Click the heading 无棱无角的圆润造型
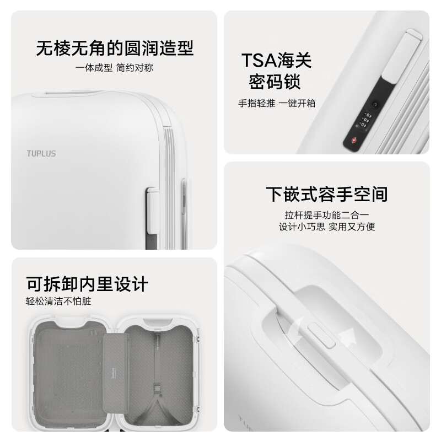pos(115,48)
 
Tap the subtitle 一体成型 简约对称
pos(114,68)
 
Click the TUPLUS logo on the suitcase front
pos(41,154)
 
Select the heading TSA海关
pos(277,60)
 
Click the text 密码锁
pos(275,82)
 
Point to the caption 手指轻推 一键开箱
pos(277,103)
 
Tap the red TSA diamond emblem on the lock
pos(354,140)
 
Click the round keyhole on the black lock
pos(375,105)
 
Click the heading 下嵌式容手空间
pos(327,194)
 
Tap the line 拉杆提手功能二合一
pos(327,215)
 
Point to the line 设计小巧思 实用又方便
pos(327,227)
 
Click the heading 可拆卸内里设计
pos(87,284)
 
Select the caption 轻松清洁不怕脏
pos(58,301)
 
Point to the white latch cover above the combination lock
pos(402,57)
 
